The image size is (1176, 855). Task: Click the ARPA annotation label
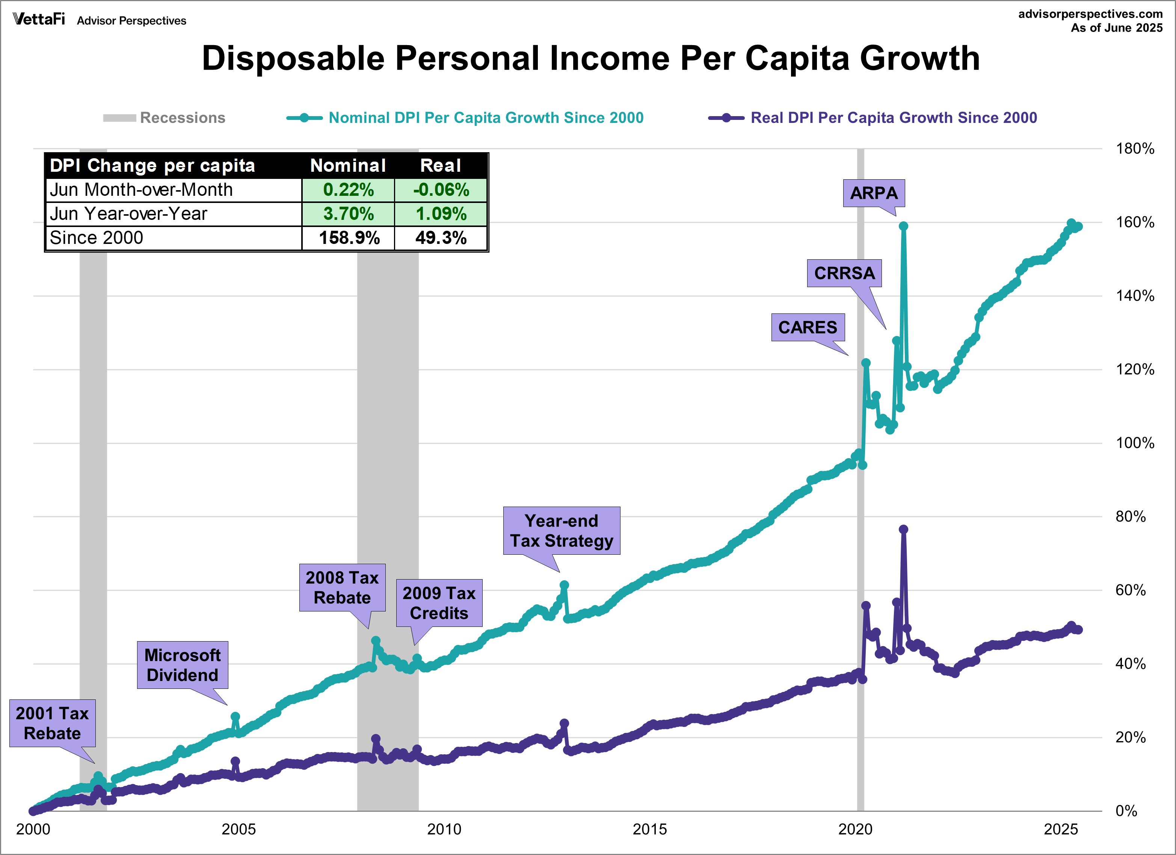874,193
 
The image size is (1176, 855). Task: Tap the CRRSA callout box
844,273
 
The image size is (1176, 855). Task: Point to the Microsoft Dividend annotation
182,664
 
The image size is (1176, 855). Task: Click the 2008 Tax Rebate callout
342,587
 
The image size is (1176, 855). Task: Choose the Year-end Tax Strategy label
561,530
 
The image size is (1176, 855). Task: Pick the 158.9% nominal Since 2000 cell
349,238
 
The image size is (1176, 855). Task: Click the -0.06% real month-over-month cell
441,190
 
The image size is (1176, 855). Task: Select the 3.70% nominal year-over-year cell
349,214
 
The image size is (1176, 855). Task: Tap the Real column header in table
440,165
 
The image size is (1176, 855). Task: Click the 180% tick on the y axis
1135,149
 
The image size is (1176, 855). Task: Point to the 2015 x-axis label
649,829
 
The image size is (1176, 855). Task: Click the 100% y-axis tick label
1135,443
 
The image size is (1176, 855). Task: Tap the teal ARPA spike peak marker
903,226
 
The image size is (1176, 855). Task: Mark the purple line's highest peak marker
903,529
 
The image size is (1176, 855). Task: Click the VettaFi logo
39,19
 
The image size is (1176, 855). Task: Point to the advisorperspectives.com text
1090,14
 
